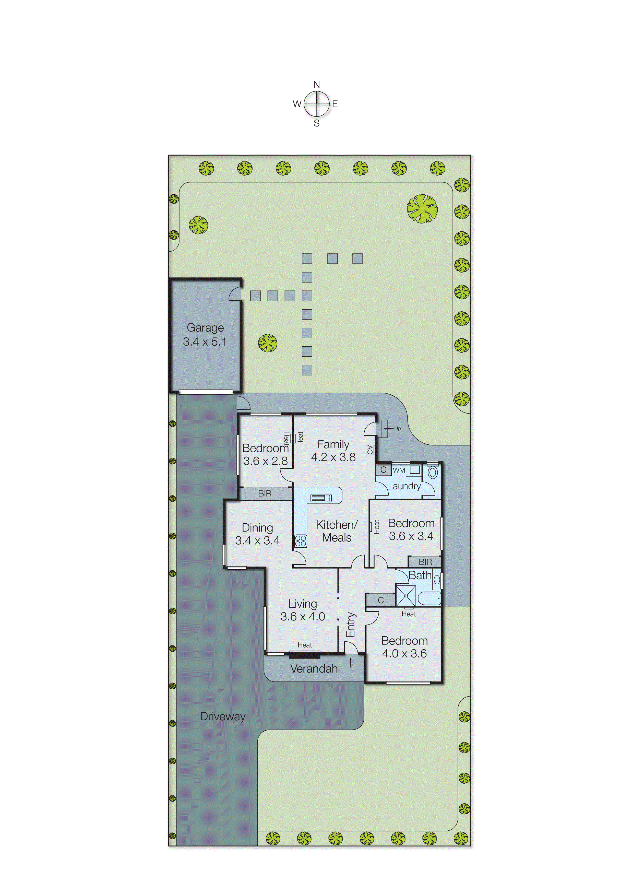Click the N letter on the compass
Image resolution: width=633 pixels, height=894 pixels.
317,84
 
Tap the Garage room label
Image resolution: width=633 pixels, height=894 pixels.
205,327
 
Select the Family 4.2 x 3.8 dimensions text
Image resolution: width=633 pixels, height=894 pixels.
333,457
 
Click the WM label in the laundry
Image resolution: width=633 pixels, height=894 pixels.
399,470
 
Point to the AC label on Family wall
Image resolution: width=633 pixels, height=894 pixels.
369,450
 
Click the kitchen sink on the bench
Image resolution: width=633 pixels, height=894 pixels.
321,498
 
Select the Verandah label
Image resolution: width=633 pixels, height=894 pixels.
314,669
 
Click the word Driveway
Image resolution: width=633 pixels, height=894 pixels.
223,716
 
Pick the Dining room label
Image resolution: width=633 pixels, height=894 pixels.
257,527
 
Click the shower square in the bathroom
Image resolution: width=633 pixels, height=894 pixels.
406,596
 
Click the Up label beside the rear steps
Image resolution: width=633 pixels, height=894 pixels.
397,428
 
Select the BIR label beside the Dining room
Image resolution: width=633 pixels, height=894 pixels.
265,493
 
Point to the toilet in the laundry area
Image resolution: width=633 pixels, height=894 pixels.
433,473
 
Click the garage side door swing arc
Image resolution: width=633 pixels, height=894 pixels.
235,294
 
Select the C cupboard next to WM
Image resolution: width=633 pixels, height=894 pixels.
384,470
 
